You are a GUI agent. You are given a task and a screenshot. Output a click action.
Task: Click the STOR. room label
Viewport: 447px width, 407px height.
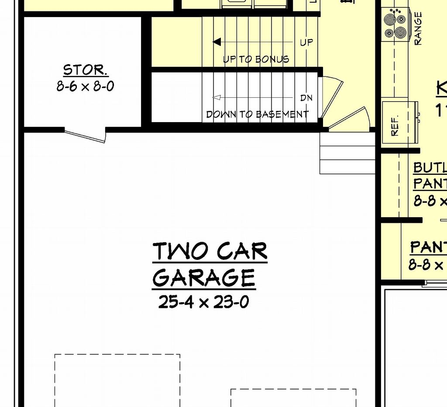(85, 70)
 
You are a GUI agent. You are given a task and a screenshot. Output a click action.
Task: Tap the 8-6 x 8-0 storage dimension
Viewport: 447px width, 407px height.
(85, 86)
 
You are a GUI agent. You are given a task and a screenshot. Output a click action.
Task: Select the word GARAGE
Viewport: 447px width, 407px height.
(204, 277)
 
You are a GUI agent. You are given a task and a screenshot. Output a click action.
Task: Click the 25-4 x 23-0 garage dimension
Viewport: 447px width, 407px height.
(204, 302)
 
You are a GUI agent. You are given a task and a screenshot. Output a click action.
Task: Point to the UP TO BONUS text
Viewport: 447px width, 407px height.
(256, 59)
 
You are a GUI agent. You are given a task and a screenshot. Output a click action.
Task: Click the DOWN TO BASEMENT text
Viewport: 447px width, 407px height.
(258, 114)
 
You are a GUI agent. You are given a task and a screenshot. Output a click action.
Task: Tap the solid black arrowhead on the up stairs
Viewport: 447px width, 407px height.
(217, 42)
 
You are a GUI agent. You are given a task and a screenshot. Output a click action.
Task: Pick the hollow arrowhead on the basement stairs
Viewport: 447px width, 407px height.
(216, 97)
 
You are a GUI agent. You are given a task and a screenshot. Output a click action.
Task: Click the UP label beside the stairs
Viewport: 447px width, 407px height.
(306, 42)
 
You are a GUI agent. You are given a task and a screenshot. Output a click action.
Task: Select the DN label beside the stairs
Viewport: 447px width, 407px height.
(306, 98)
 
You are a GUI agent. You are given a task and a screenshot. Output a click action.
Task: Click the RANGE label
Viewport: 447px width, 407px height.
(418, 28)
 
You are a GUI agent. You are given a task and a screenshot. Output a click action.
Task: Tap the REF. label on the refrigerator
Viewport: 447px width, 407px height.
(395, 127)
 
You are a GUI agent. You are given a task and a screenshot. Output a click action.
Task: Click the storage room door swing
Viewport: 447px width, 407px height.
(86, 136)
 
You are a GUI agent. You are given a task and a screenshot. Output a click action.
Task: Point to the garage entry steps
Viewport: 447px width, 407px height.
(347, 153)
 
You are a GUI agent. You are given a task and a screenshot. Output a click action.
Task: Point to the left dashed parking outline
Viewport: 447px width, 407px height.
(117, 380)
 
